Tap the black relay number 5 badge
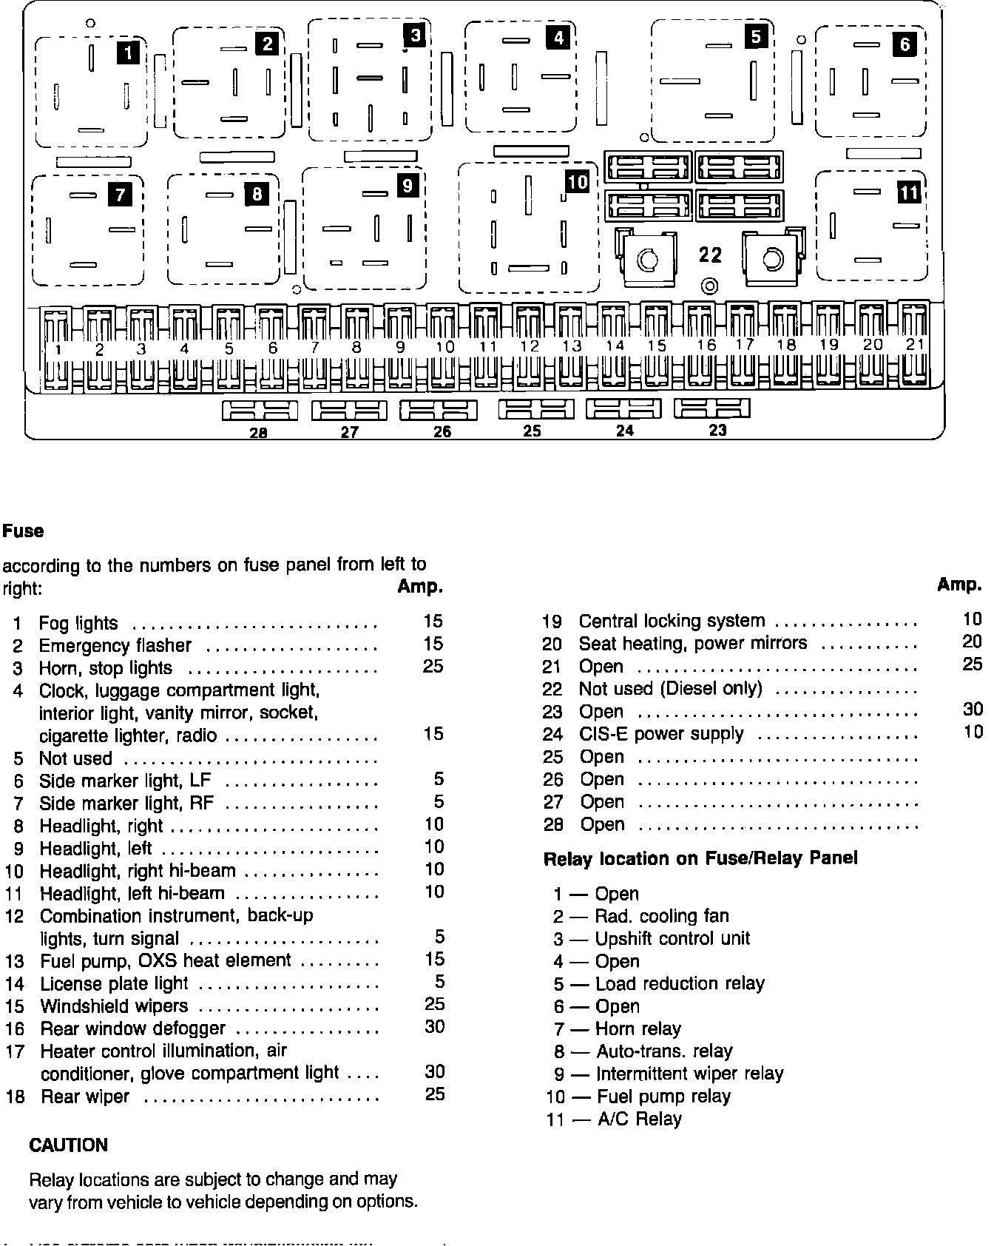coord(755,36)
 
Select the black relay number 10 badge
coord(577,181)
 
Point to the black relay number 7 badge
coord(119,195)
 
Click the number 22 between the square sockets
coord(710,255)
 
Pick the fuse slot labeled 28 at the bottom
coord(260,410)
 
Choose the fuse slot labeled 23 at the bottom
coord(712,408)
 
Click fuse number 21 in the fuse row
coord(915,345)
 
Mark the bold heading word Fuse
coord(24,531)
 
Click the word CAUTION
coord(68,1145)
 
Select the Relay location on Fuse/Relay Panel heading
coord(700,858)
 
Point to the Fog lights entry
coord(78,623)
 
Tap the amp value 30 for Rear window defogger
coord(434,1026)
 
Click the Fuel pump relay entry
coord(663,1097)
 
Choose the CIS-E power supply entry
coord(661,734)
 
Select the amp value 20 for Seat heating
coord(972,642)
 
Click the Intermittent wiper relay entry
coord(689,1074)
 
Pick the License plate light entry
coord(114,983)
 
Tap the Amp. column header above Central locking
coord(959,585)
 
